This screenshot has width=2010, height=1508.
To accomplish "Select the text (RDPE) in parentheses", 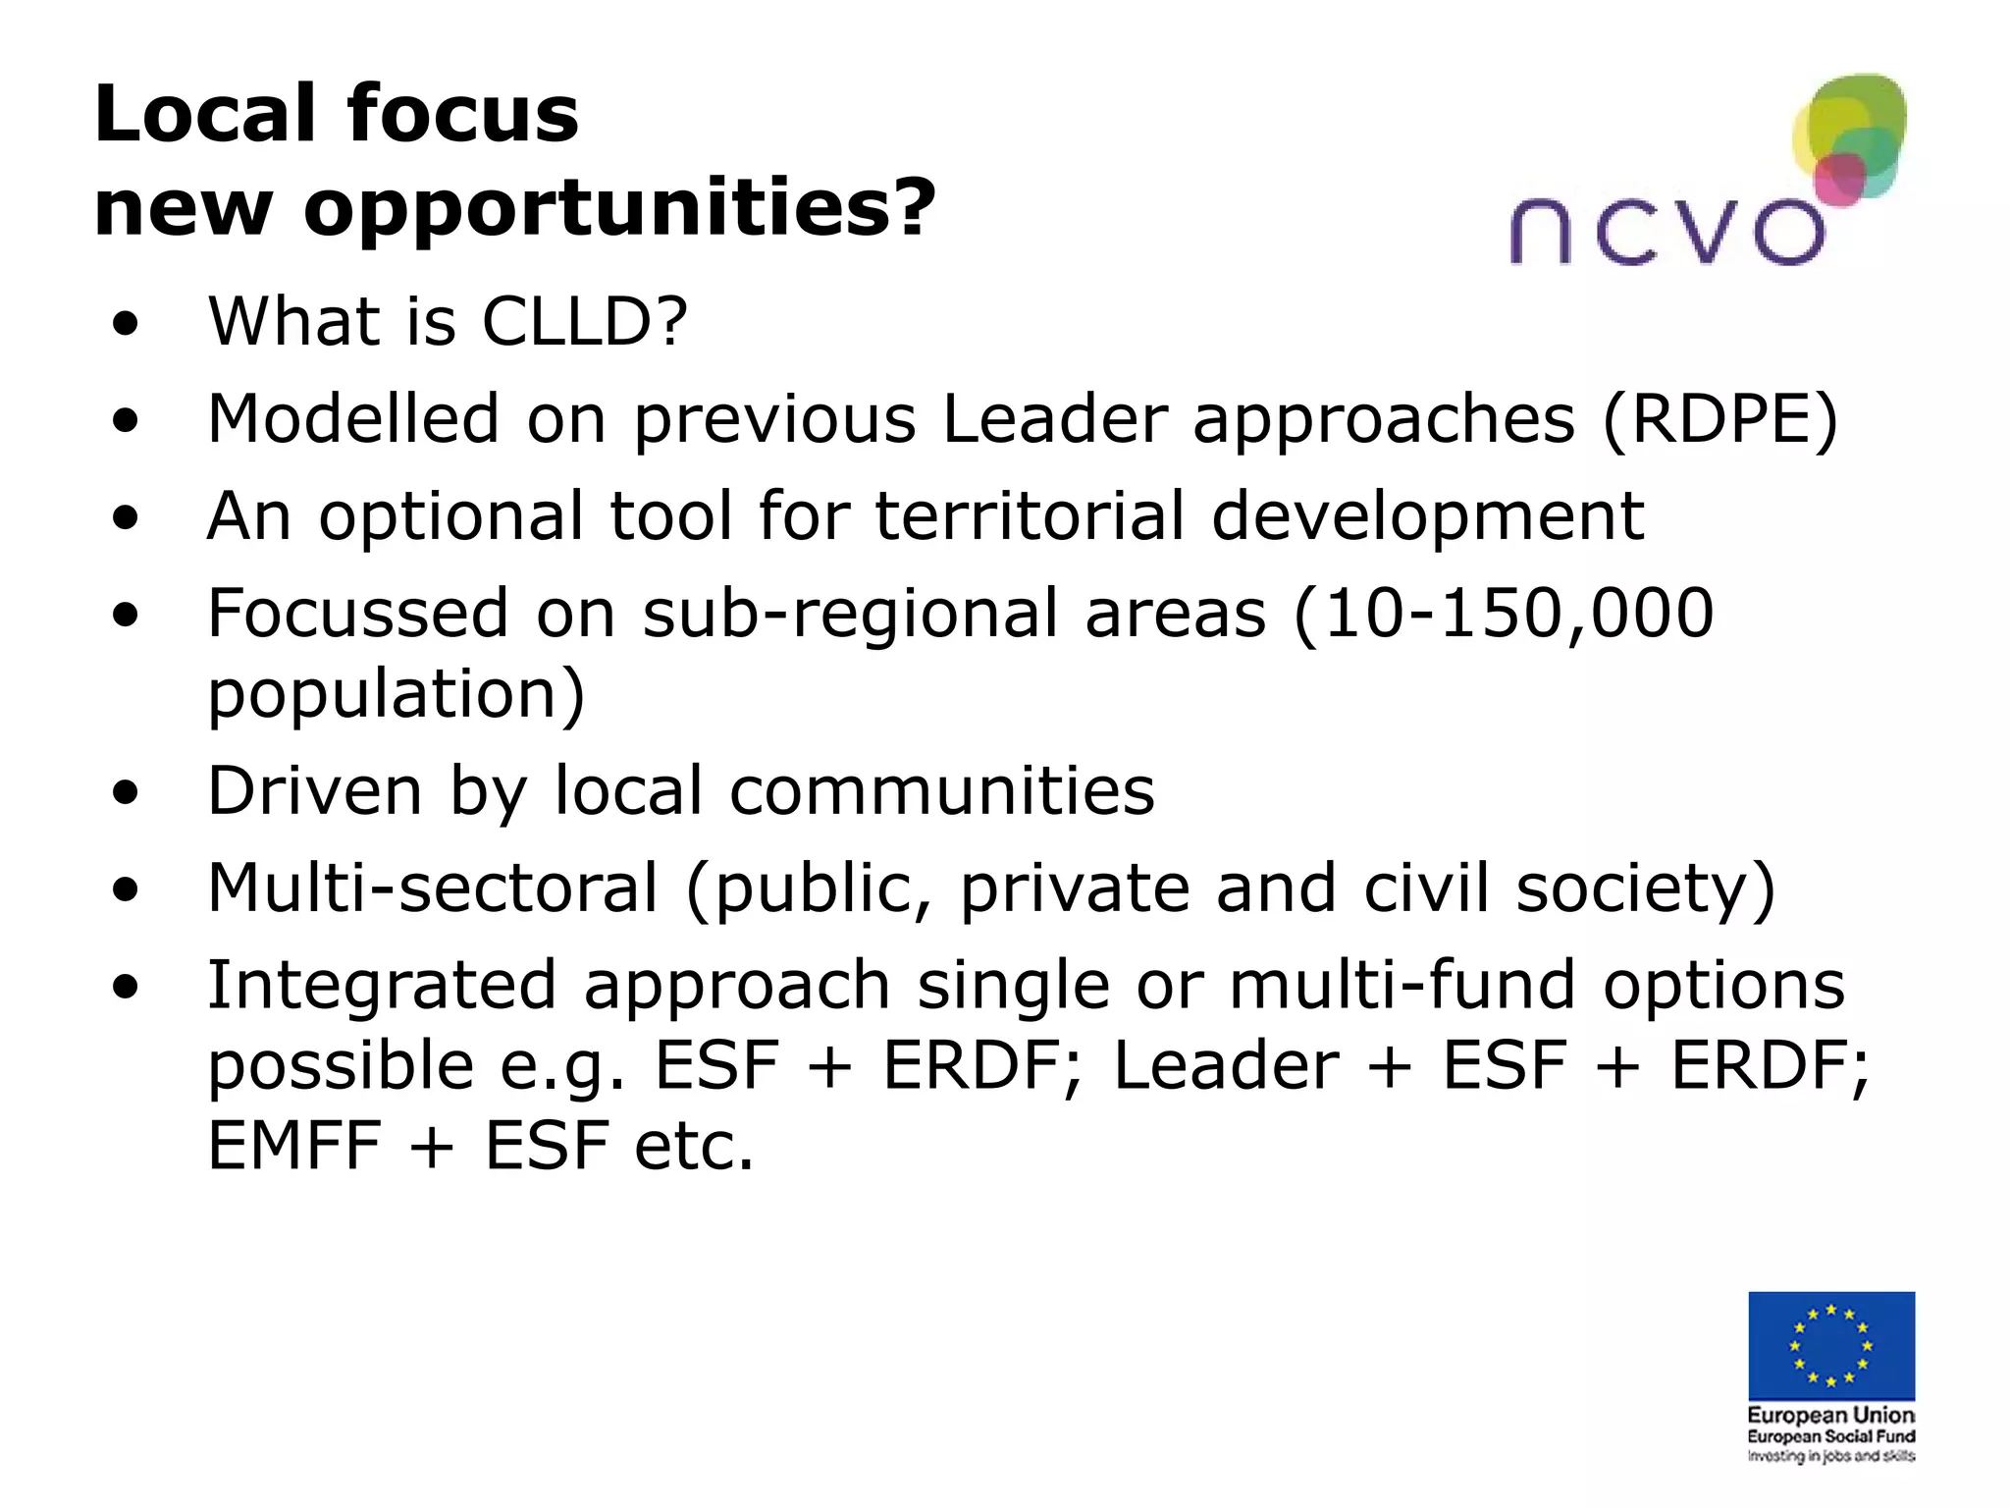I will point(1719,420).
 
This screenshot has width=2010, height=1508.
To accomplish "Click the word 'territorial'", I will point(1030,516).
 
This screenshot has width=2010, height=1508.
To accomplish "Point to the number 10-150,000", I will point(1517,614).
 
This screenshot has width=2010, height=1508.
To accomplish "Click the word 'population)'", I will point(397,695).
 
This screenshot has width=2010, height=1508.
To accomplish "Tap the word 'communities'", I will point(942,790).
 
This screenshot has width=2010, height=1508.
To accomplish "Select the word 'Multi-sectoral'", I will point(433,888).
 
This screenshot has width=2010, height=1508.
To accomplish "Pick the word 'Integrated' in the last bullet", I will point(382,986).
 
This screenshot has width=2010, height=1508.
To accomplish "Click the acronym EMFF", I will point(294,1146).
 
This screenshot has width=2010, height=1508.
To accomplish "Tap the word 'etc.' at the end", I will point(694,1146).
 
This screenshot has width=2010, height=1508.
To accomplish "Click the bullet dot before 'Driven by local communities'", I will point(125,792).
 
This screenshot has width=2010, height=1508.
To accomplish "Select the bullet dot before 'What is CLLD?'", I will point(125,324).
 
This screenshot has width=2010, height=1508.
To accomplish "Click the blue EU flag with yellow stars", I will point(1830,1345).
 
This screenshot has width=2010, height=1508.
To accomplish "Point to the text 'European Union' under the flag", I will point(1830,1415).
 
